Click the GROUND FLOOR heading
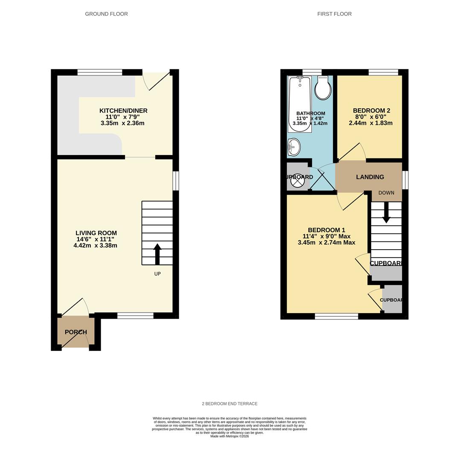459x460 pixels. coord(106,14)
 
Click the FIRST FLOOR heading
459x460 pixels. coord(334,14)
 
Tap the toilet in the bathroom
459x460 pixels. coord(322,89)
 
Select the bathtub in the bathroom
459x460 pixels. coord(299,104)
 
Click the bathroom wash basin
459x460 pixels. coord(294,147)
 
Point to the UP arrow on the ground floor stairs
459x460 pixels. coord(157,254)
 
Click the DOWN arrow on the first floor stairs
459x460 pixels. coord(386,212)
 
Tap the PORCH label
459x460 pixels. coord(76,332)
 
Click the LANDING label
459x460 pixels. coord(370,177)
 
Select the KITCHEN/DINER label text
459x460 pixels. coord(123,111)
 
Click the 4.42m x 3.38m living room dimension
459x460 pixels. coord(95,246)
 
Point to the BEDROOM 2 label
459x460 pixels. coord(371,111)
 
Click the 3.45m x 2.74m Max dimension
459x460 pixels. coord(326,243)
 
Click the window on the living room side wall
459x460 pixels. coord(176,181)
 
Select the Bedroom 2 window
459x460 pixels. coord(383,72)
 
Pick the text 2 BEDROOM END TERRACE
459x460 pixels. coord(229,404)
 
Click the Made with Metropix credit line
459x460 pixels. coord(229,436)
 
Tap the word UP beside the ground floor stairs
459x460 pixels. coord(157,274)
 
